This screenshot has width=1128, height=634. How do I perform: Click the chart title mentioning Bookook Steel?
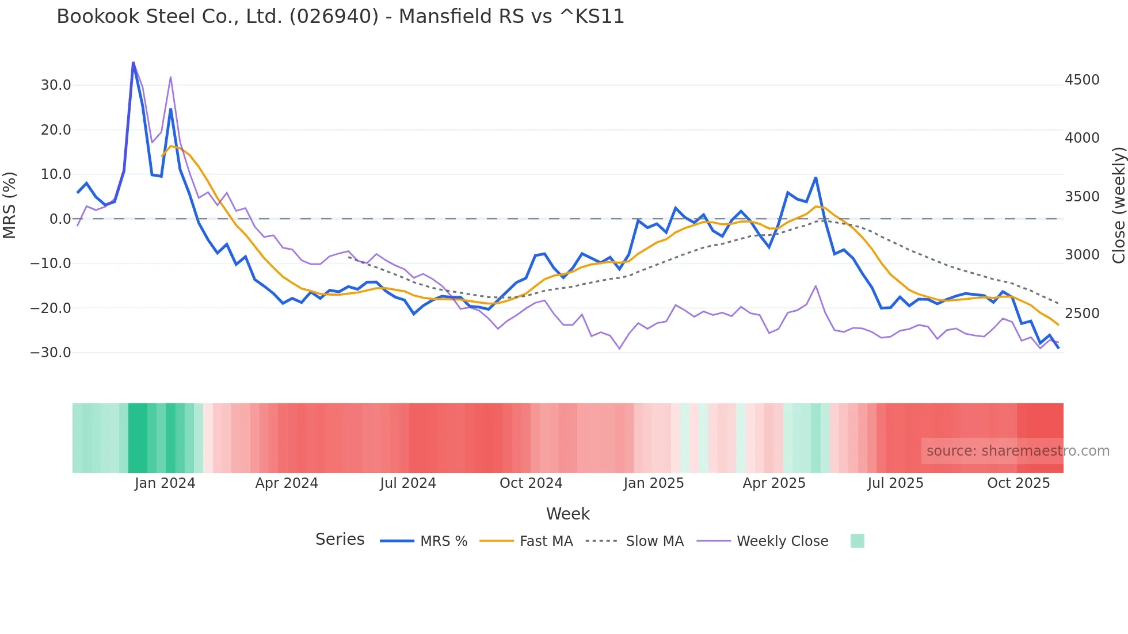pos(340,17)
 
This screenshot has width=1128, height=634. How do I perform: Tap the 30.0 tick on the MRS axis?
pos(56,85)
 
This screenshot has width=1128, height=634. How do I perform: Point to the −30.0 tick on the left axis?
pos(51,353)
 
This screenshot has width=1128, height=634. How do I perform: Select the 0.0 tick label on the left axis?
pos(60,219)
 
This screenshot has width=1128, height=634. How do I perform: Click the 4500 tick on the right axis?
pos(1082,80)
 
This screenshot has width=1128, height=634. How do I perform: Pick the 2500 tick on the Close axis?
pos(1082,314)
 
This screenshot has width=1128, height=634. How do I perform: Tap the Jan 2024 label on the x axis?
pos(165,483)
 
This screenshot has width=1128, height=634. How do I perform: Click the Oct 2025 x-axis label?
pos(1018,483)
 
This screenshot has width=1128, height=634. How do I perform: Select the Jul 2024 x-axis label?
pos(408,483)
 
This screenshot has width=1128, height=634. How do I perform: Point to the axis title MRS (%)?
pos(10,205)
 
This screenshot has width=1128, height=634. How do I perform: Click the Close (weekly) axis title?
pos(1118,205)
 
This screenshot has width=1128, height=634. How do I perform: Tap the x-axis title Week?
pos(567,514)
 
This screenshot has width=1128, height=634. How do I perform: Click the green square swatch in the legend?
pos(857,541)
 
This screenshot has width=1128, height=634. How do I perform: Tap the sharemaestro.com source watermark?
pos(1018,451)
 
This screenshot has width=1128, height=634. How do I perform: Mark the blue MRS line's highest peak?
pos(133,63)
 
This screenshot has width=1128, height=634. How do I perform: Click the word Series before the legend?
pos(340,540)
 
